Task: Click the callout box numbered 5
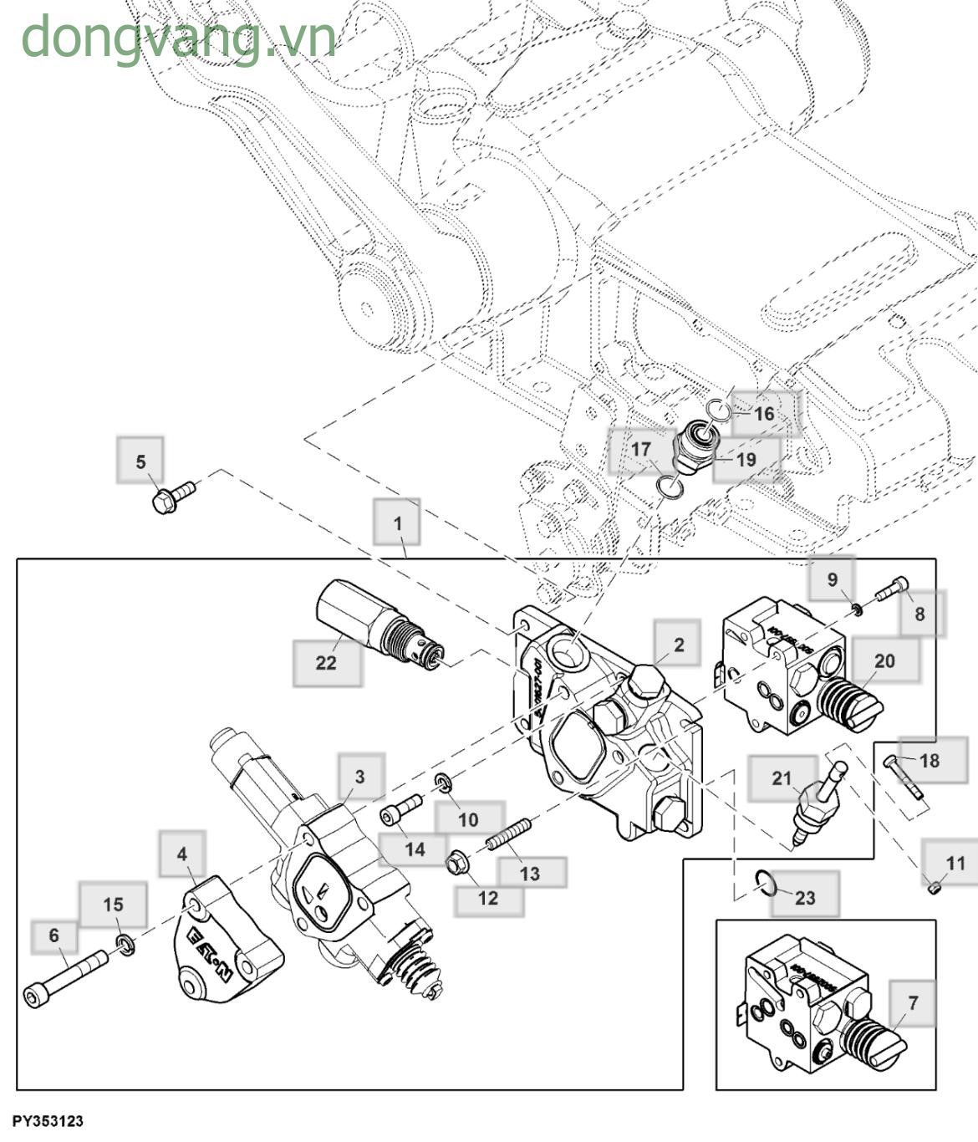[140, 461]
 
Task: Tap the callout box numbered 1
[397, 523]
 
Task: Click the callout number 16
[764, 414]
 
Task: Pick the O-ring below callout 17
[669, 486]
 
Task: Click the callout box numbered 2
[678, 644]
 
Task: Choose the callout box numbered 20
[884, 660]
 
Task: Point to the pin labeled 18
[903, 776]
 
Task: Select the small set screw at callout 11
[935, 887]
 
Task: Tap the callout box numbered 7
[913, 1002]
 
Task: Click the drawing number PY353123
[48, 1120]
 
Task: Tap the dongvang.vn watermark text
[178, 38]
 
